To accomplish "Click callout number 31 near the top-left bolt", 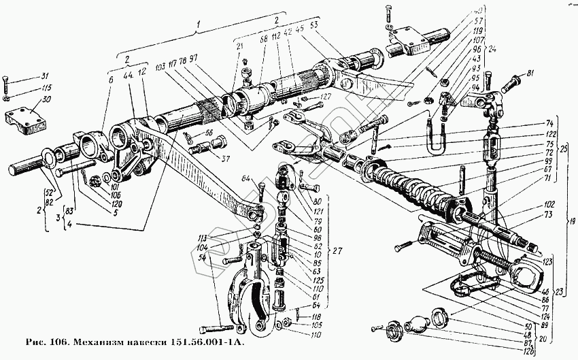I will click(46, 76).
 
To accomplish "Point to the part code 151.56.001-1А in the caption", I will click(209, 341).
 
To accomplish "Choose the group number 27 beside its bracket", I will click(338, 251).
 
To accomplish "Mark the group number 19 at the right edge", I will click(573, 221).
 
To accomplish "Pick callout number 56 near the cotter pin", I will click(208, 133).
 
